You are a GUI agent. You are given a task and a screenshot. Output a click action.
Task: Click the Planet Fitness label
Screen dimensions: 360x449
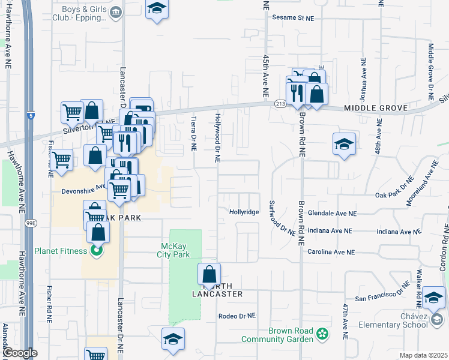65,250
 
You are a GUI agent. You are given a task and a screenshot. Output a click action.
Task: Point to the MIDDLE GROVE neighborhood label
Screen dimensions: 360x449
376,108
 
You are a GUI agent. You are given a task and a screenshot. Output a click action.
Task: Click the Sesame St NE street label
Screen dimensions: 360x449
294,18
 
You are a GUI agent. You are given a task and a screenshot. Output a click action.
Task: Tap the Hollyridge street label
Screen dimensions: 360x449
244,212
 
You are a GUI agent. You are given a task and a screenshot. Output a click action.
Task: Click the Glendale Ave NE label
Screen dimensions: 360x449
332,213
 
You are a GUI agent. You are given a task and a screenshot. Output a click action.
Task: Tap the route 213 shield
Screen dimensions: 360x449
280,104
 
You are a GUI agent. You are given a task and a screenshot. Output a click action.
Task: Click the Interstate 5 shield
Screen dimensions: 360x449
31,114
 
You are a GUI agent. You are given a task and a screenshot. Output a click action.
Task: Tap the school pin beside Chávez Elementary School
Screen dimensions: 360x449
433,298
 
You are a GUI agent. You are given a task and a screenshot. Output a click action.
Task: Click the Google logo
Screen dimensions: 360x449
20,353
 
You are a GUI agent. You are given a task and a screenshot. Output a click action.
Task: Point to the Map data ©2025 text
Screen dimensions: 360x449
423,355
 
